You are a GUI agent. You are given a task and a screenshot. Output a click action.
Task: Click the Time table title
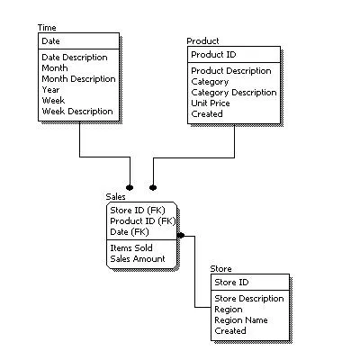(47, 28)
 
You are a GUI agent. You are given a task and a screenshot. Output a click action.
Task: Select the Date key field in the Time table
(51, 40)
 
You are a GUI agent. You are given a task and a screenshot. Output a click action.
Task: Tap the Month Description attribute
(78, 79)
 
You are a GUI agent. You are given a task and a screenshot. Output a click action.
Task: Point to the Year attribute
(51, 90)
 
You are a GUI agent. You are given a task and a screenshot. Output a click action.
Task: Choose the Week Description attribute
(77, 112)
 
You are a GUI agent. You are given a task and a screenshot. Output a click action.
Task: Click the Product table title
(202, 41)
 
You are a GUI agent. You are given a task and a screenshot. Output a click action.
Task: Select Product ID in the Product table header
(212, 54)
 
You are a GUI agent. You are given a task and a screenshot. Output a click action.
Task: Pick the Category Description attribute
(233, 93)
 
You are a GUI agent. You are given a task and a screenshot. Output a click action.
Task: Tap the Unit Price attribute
(211, 103)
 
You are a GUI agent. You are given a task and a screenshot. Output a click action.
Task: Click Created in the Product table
(208, 114)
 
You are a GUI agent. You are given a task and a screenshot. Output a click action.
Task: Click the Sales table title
(115, 196)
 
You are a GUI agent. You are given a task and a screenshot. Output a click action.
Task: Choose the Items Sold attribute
(131, 247)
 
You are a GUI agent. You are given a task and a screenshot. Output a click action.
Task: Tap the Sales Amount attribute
(138, 258)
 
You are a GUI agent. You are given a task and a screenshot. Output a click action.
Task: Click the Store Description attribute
(248, 298)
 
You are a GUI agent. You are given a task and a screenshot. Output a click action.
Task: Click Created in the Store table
(230, 330)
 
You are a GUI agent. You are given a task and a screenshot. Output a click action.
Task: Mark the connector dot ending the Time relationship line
(130, 187)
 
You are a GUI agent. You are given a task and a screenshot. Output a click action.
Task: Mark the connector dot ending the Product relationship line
(153, 187)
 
